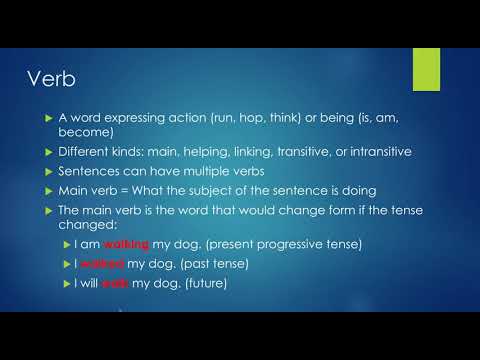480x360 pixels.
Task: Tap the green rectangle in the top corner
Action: click(x=426, y=67)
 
